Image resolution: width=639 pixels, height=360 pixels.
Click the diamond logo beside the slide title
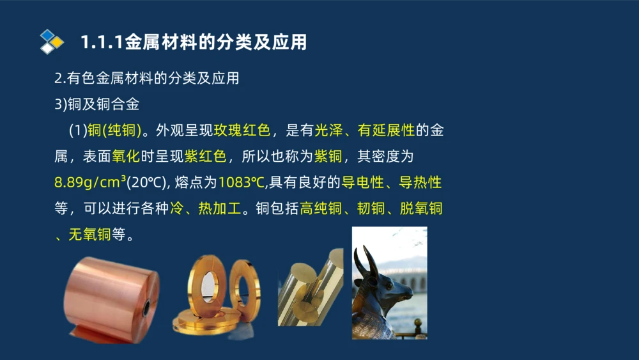pyautogui.click(x=51, y=42)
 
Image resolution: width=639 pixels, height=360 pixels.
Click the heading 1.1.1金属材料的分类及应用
pyautogui.click(x=194, y=42)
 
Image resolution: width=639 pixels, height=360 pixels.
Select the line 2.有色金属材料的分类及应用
pyautogui.click(x=147, y=79)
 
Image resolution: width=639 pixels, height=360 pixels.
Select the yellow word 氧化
pyautogui.click(x=125, y=157)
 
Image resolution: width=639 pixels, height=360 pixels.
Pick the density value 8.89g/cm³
pyautogui.click(x=90, y=183)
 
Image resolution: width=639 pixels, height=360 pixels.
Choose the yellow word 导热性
pyautogui.click(x=420, y=183)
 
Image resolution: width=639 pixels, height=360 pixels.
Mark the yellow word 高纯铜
pyautogui.click(x=321, y=209)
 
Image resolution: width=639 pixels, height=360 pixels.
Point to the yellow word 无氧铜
pyautogui.click(x=89, y=235)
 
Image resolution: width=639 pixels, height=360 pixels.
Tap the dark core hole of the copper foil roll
pyautogui.click(x=148, y=308)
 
